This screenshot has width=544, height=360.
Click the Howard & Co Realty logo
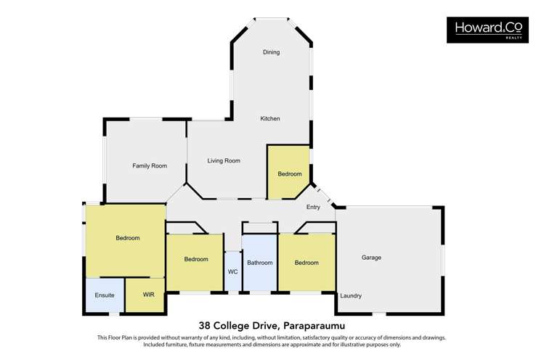point(487,30)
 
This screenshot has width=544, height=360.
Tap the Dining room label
point(271,52)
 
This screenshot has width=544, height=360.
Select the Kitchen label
point(270,118)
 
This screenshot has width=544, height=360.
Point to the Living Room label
point(224,160)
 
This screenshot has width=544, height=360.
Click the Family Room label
point(150,165)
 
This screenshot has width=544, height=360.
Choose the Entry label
point(313,207)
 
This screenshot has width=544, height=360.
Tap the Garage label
point(371,258)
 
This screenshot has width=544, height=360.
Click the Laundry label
point(351,295)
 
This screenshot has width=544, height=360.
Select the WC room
point(233,271)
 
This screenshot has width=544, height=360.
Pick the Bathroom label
point(259,263)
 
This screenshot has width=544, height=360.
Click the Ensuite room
point(105,295)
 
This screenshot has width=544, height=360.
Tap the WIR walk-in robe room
point(145,295)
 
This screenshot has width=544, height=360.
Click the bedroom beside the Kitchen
point(288,172)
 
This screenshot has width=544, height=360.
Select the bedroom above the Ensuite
point(125,241)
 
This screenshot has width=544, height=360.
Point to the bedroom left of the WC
point(195,263)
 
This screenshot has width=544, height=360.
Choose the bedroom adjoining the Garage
point(307,262)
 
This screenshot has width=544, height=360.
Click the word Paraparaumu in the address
point(314,326)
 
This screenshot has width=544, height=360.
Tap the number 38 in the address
point(204,326)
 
